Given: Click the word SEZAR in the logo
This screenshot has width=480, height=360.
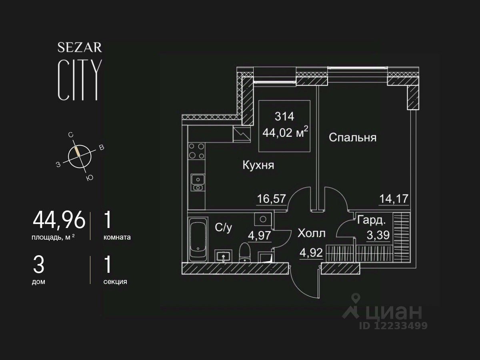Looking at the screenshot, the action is click(80, 48).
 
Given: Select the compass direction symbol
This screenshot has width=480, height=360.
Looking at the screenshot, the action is click(80, 156).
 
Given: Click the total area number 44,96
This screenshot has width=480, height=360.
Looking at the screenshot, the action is click(59, 220).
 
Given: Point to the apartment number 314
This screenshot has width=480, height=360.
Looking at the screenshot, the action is click(284, 116).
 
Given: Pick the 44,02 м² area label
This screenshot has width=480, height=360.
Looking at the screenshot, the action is click(285, 132).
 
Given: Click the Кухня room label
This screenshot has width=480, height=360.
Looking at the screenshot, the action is click(258, 165).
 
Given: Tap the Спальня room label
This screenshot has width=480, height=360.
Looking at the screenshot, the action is click(352, 138).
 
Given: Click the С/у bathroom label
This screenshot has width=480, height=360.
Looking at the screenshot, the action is click(224, 228).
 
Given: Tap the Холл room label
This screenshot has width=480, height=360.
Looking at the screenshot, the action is click(312, 233).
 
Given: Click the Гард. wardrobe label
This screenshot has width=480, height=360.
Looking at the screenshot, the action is click(372, 220).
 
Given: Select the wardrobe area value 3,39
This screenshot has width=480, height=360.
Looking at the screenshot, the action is click(378, 235).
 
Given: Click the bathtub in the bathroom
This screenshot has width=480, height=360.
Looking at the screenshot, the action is click(198, 239).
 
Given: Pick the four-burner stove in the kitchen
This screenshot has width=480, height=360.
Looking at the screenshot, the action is click(196, 151).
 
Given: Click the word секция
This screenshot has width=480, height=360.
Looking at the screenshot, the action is click(115, 282).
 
